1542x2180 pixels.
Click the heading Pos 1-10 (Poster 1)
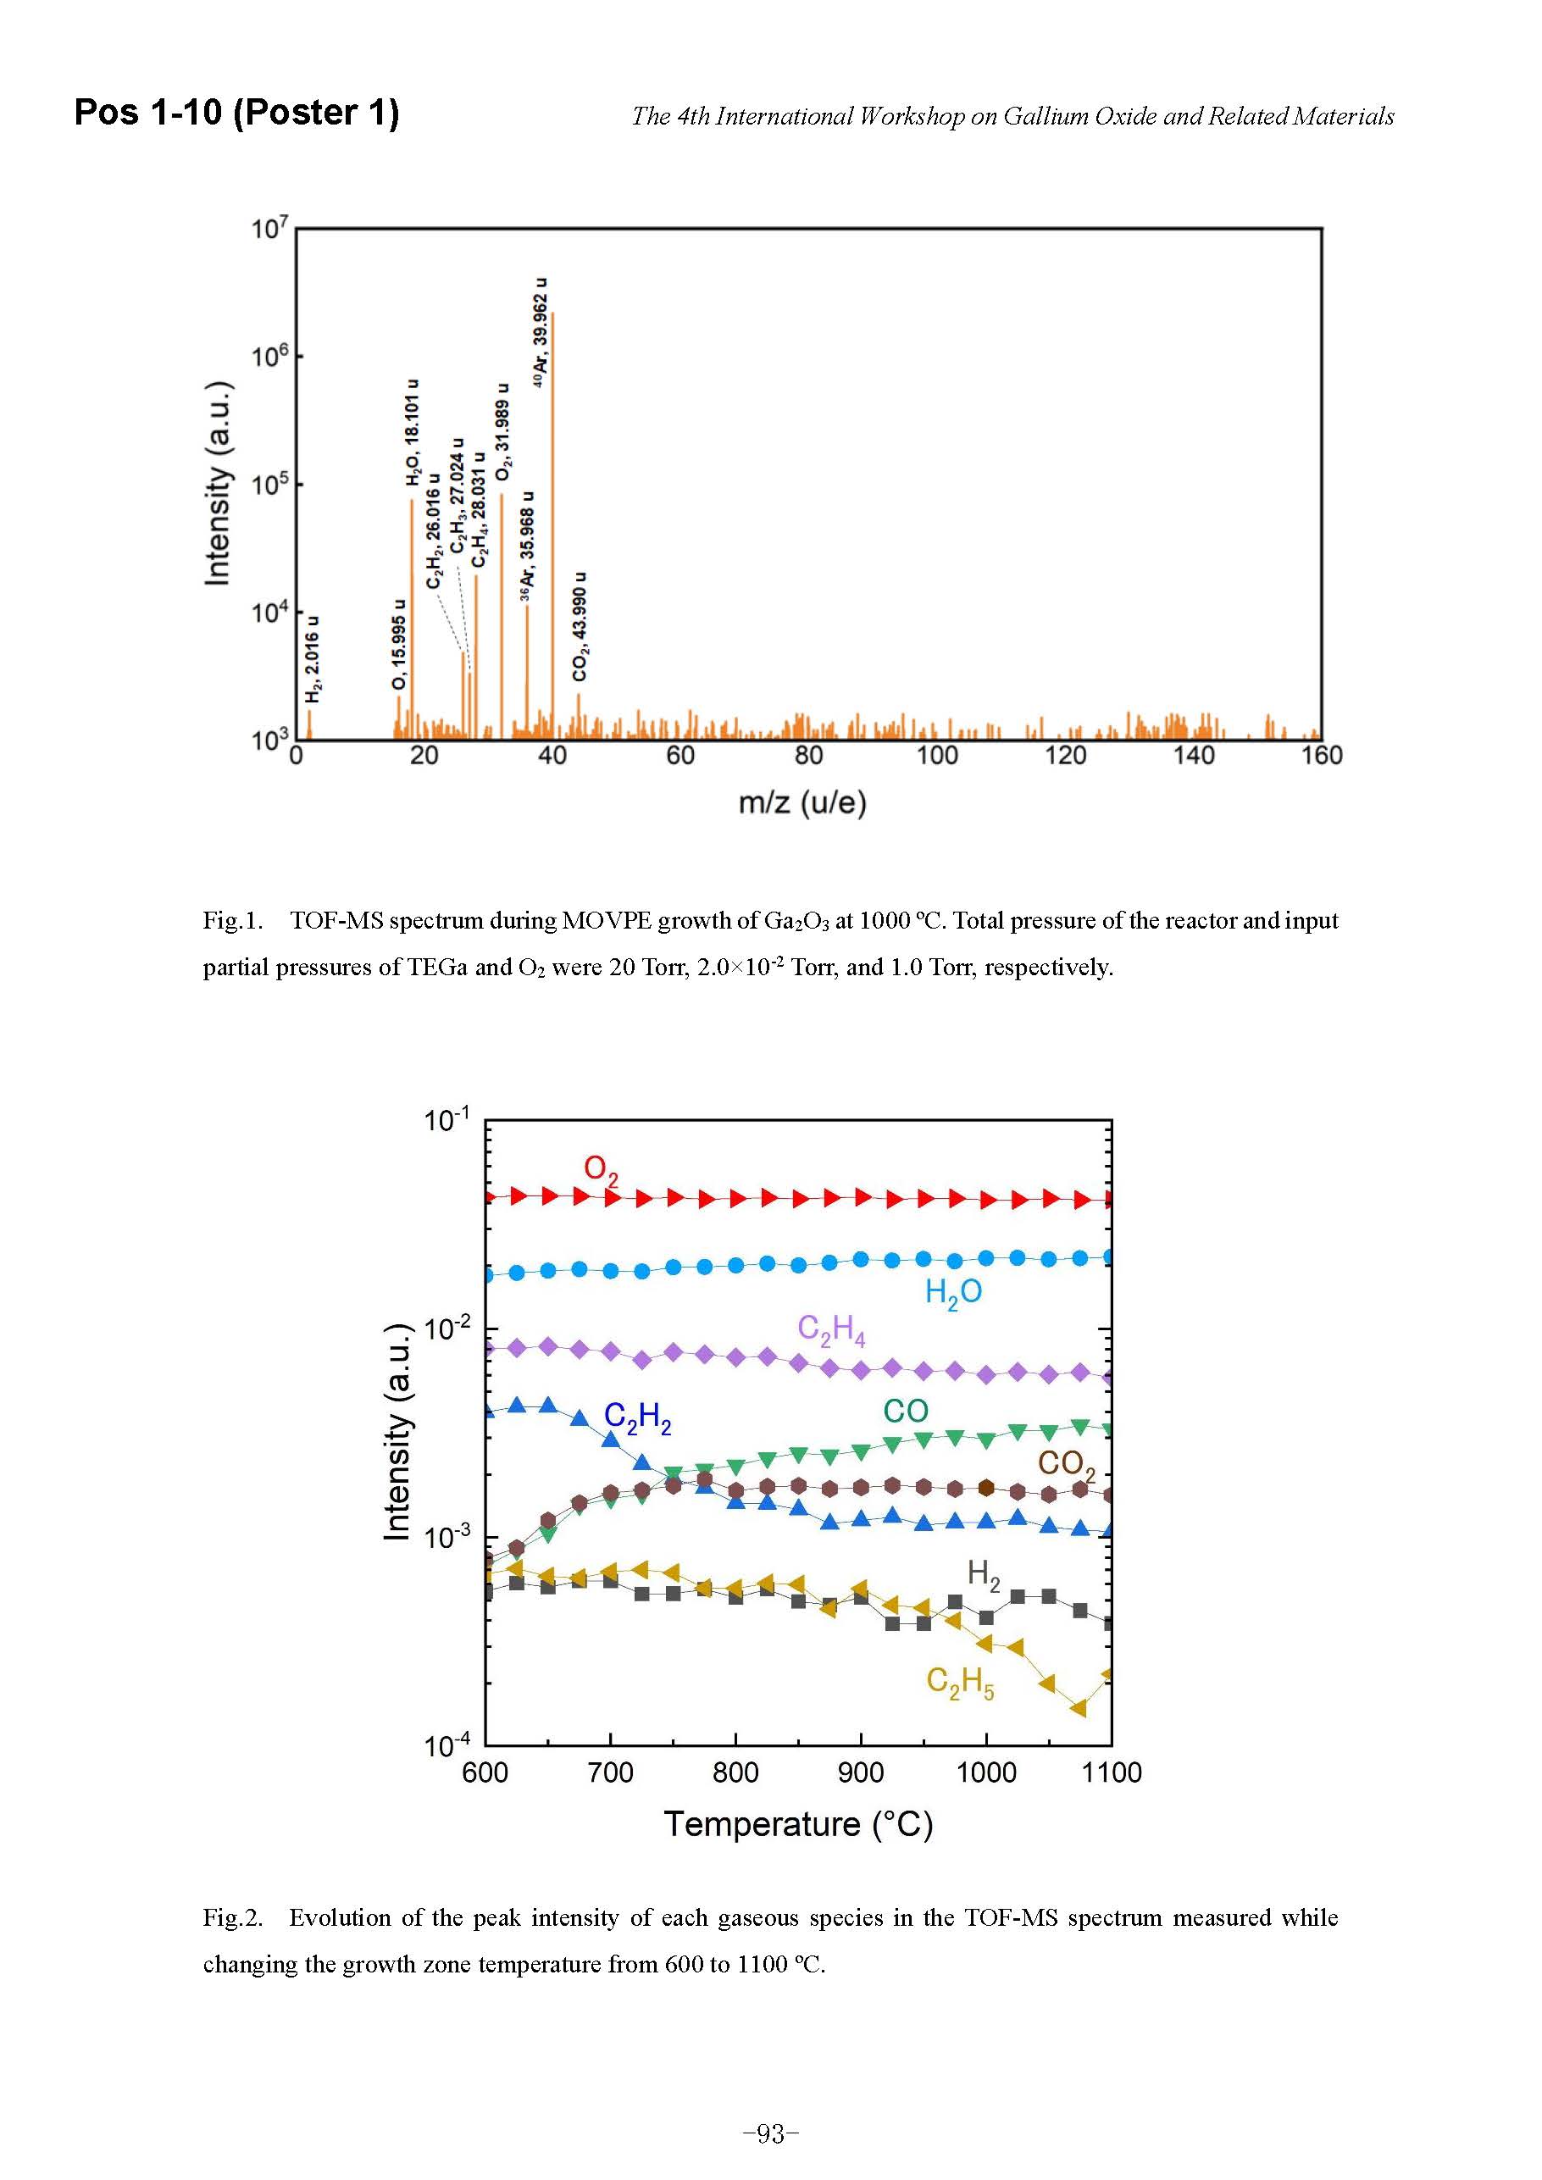(236, 112)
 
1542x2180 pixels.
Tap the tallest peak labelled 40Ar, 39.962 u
(552, 522)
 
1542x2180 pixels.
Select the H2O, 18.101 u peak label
(412, 433)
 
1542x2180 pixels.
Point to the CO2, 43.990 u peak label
(580, 627)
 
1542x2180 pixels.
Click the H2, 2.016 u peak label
(313, 660)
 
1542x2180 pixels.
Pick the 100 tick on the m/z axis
(936, 756)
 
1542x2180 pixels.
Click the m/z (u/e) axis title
(802, 803)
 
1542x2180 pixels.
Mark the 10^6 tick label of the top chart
(269, 357)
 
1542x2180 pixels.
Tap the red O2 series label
(600, 1169)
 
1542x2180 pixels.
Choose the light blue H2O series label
(952, 1292)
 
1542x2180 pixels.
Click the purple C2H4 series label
(831, 1329)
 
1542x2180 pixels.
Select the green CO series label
(905, 1411)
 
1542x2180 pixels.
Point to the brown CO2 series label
(1065, 1463)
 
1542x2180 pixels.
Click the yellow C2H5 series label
(960, 1682)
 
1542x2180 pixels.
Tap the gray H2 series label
(983, 1574)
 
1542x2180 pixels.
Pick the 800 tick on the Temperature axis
(736, 1772)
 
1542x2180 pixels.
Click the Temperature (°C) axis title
(797, 1824)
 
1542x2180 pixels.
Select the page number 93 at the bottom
(771, 2134)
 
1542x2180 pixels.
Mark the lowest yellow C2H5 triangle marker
(1079, 1709)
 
